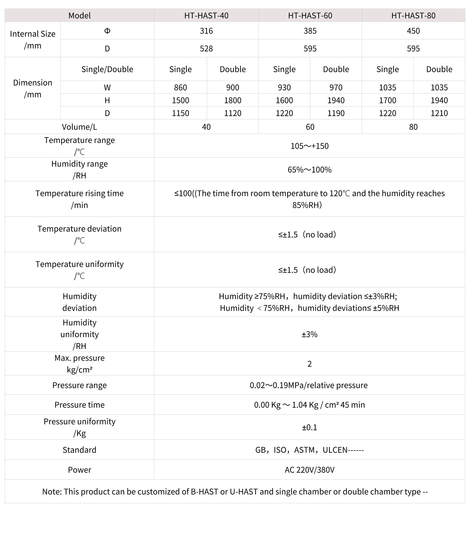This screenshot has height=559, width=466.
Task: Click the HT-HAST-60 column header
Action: (310, 15)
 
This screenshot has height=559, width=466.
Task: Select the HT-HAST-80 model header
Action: (413, 15)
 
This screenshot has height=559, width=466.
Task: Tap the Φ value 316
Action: (206, 31)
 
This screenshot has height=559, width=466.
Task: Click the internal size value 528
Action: (206, 48)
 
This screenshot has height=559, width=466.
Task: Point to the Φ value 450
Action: (413, 31)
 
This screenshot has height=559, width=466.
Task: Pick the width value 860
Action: (180, 87)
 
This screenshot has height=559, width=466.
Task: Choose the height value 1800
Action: (232, 100)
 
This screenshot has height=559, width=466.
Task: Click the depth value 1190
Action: (336, 113)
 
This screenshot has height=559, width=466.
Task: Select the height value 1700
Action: (388, 100)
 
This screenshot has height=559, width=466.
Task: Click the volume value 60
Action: (310, 127)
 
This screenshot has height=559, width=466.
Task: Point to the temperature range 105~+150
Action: (309, 146)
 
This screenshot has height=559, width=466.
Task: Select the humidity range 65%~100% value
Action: (309, 170)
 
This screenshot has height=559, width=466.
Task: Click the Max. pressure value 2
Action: (309, 364)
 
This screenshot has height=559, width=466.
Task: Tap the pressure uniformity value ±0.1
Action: (309, 427)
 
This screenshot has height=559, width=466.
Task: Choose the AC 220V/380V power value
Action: (309, 470)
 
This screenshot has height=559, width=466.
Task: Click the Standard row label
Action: (79, 450)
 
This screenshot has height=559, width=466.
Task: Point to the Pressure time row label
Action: (79, 405)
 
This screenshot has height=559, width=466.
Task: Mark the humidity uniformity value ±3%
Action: (309, 334)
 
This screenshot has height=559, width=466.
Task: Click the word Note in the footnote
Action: (52, 492)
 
